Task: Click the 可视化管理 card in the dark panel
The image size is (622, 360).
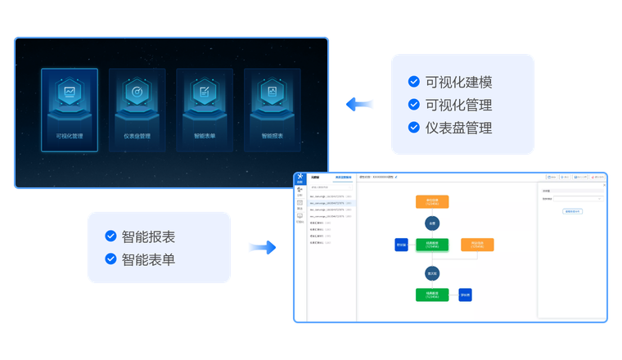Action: pos(70,110)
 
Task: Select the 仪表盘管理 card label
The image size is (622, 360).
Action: pos(137,136)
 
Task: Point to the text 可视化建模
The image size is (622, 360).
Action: pos(458,82)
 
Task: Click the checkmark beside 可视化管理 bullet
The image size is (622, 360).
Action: pos(413,105)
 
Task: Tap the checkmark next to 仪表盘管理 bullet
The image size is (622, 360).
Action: pos(413,128)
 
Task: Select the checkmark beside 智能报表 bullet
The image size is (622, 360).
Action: pos(110,236)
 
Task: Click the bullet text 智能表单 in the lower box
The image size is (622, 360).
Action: pos(148,259)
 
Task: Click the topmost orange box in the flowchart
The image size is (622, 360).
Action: pos(432,201)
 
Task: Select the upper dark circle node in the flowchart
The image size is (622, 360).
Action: pos(432,223)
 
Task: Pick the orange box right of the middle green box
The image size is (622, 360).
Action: pos(477,244)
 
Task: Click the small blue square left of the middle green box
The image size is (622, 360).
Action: pos(401,244)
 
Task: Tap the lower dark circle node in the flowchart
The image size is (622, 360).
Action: pos(432,273)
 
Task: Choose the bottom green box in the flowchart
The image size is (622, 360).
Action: pos(432,295)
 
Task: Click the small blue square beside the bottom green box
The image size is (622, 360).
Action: pos(465,295)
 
